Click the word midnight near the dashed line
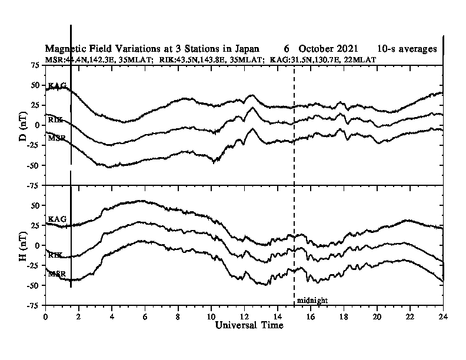tap(312, 301)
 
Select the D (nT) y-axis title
tap(22, 124)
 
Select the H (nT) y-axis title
tap(22, 245)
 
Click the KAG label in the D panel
tap(57, 86)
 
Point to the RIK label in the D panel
tap(55, 119)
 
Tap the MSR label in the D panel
tap(56, 138)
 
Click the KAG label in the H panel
tap(57, 219)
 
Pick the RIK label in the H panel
tap(55, 255)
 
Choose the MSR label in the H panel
tap(56, 274)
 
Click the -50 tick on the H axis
tap(33, 285)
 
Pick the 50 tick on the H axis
tap(35, 205)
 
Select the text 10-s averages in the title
tap(407, 49)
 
